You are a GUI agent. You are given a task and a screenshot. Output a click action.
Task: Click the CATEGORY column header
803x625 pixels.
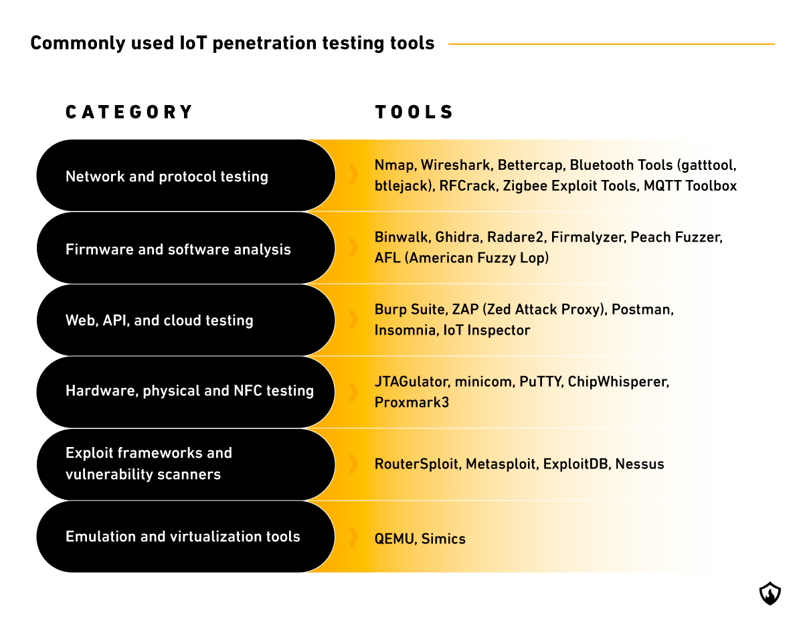coord(129,112)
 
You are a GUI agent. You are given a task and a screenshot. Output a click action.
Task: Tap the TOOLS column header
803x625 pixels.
coord(414,112)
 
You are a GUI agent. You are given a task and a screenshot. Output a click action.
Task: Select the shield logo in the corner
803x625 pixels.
coord(770,594)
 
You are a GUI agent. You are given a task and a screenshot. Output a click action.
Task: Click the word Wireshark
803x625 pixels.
coord(456,165)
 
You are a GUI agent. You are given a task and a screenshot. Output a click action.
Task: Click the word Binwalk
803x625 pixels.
coord(403,237)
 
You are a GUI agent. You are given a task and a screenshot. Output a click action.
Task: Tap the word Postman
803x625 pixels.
coord(642,310)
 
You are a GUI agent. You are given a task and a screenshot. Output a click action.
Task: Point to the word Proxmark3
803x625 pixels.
coord(412,402)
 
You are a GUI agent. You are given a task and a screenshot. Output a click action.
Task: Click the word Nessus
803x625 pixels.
coord(640,464)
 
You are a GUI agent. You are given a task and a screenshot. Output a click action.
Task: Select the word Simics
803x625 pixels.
coord(443,539)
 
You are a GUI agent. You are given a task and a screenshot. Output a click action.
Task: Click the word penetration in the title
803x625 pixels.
coord(264,43)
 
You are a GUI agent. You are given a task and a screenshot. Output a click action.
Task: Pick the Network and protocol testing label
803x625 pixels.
coord(167,177)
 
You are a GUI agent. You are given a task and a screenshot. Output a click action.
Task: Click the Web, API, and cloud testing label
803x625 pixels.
coord(159,321)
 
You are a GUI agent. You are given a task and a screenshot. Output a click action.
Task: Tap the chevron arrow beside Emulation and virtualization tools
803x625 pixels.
coord(353,537)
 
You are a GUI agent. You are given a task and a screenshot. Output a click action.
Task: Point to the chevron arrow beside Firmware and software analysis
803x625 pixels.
coord(353,247)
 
